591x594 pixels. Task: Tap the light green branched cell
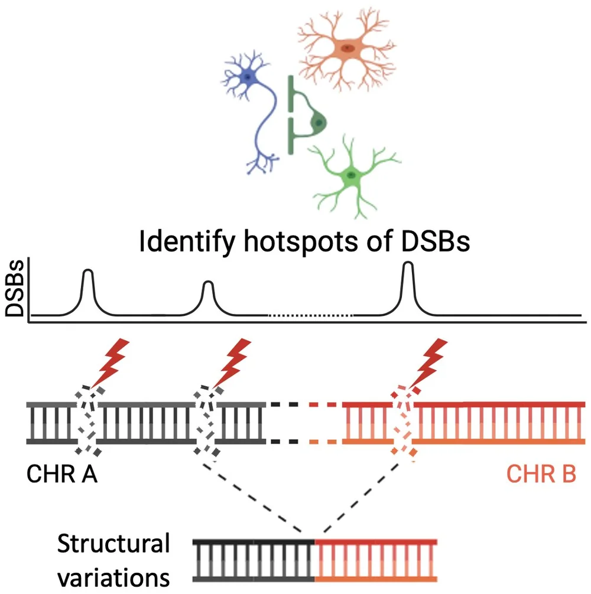pyautogui.click(x=352, y=174)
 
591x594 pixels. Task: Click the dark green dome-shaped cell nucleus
pyautogui.click(x=319, y=122)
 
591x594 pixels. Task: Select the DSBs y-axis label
pyautogui.click(x=14, y=290)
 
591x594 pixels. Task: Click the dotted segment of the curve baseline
pyautogui.click(x=311, y=316)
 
